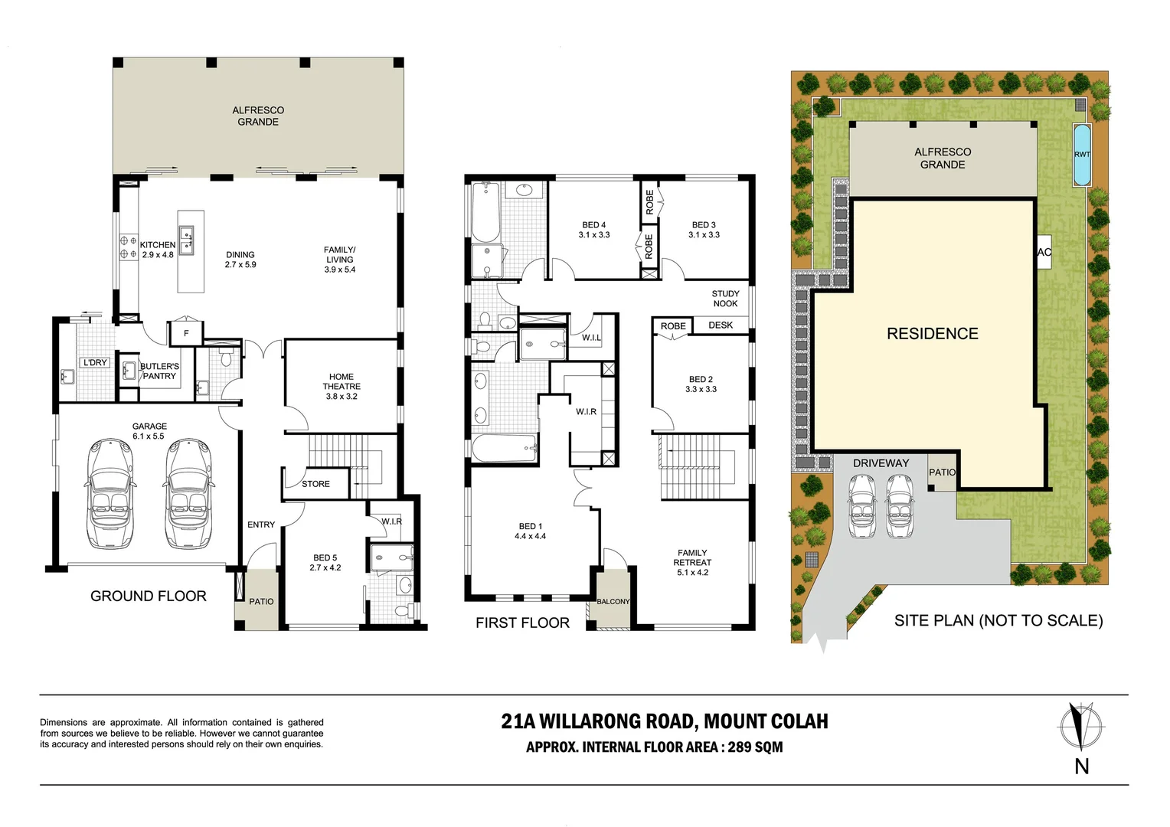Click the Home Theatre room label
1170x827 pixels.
click(x=341, y=386)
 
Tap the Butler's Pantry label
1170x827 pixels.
click(x=159, y=371)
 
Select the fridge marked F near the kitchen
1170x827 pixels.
click(x=186, y=333)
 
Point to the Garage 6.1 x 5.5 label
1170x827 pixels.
click(x=149, y=431)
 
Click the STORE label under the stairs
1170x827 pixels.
click(x=315, y=484)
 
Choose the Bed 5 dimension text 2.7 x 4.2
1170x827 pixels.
click(x=325, y=567)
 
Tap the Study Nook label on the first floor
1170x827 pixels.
click(x=725, y=299)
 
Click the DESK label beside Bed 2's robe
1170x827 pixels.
click(x=721, y=325)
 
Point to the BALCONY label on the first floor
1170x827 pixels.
click(x=613, y=601)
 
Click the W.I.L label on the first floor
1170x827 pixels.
click(x=591, y=338)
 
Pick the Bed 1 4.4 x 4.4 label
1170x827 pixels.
click(x=530, y=531)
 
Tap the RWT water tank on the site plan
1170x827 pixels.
click(x=1082, y=155)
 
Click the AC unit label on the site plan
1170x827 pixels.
click(x=1044, y=253)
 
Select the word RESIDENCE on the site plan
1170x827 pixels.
click(x=933, y=334)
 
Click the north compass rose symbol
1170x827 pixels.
click(x=1080, y=727)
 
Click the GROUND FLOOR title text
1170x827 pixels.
click(x=149, y=596)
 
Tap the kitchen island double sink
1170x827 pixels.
click(x=187, y=240)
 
